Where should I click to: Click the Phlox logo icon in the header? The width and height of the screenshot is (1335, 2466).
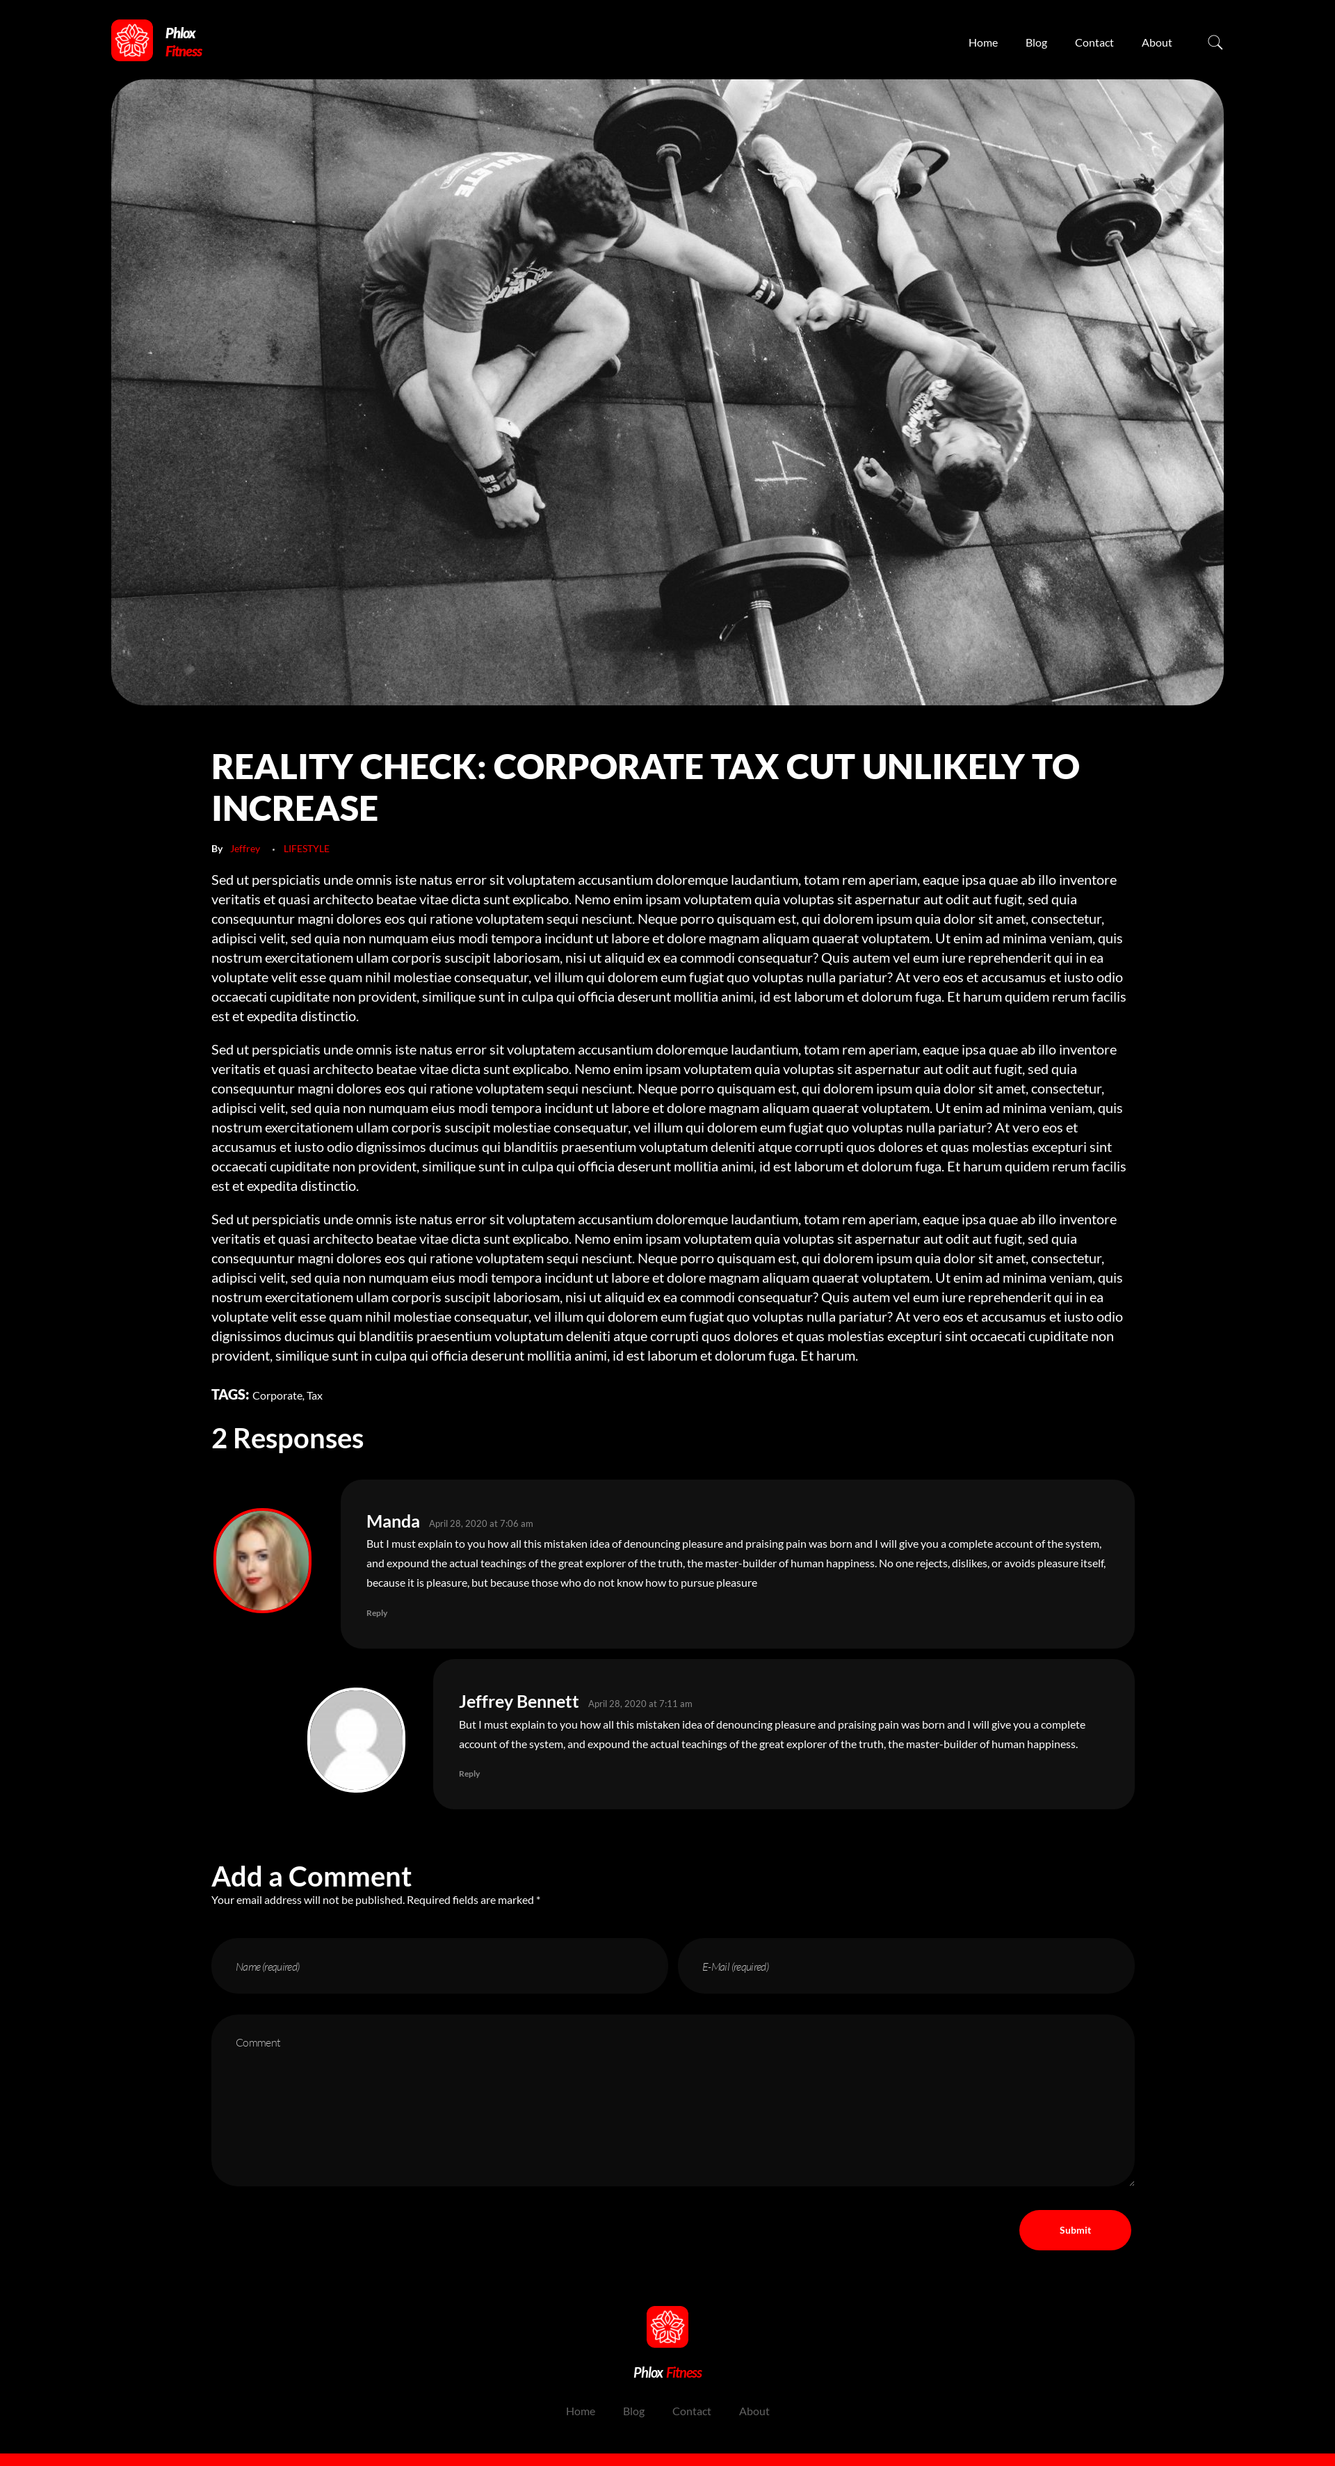tap(132, 41)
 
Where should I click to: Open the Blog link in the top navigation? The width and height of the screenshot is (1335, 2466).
tap(1035, 43)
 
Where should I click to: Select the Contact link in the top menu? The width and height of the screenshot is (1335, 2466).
tap(1093, 43)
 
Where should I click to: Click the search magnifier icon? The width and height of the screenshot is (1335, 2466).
tap(1215, 42)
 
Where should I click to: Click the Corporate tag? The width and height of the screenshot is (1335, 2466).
tap(277, 1395)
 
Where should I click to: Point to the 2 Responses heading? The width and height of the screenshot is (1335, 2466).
tap(287, 1439)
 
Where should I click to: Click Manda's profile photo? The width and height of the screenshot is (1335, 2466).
tap(262, 1560)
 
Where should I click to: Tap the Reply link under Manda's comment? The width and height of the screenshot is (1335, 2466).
tap(376, 1613)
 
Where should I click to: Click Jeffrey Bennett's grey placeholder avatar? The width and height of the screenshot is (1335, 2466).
tap(356, 1739)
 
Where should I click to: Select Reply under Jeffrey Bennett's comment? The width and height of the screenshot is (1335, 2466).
tap(469, 1774)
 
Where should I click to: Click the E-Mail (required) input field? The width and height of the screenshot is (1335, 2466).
tap(905, 1967)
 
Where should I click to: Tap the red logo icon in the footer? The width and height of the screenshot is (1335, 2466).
tap(667, 2327)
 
